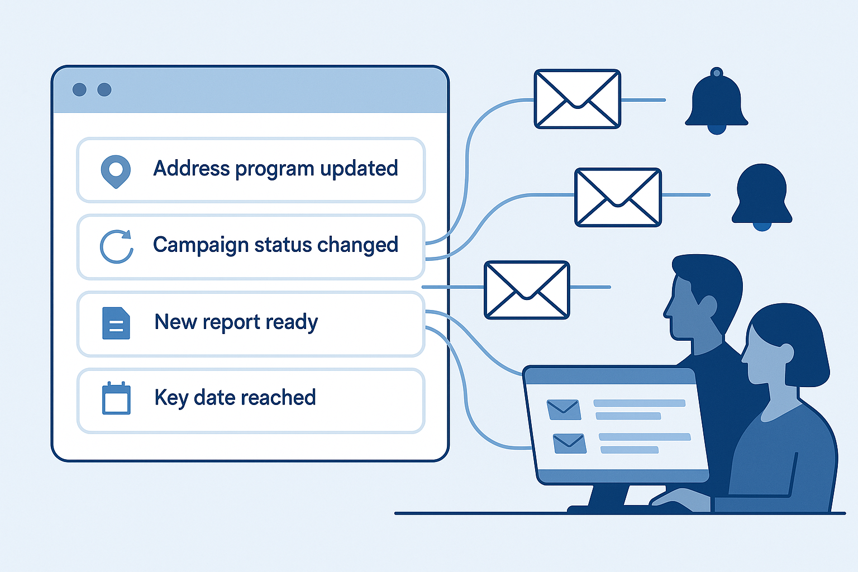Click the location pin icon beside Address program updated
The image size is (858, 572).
click(116, 170)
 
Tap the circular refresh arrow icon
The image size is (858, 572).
click(116, 246)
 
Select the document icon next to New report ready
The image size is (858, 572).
click(116, 323)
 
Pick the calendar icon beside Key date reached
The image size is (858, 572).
click(116, 398)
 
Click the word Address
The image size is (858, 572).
click(191, 168)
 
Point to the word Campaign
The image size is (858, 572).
click(201, 245)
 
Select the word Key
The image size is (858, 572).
click(171, 398)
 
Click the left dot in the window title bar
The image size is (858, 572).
click(79, 89)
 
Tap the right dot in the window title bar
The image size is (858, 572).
click(104, 89)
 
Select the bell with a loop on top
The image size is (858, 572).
click(716, 102)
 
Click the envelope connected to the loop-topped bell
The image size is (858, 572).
click(577, 99)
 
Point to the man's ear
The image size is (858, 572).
click(708, 306)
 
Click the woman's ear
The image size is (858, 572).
click(787, 352)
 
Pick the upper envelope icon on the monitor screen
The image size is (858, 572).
click(564, 409)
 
